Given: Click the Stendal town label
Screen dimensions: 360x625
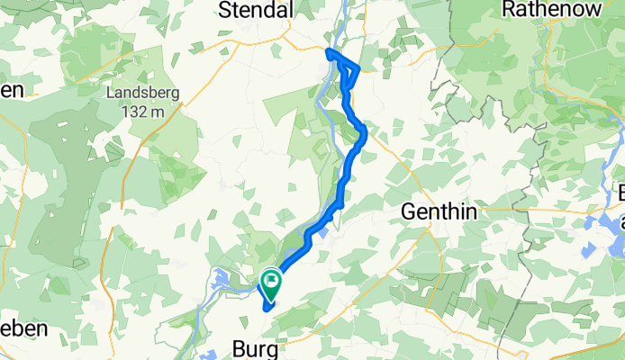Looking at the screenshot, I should coord(258,10).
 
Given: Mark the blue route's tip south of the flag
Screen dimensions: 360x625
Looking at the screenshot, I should coord(266,309).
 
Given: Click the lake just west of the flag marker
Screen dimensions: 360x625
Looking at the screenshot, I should coord(223,283).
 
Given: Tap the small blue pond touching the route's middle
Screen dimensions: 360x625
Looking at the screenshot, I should coord(323,234).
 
